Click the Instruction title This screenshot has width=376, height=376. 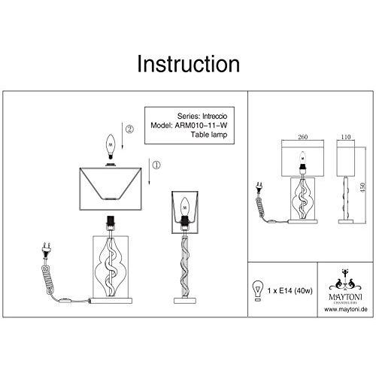coord(188,64)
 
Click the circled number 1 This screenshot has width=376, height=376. coord(156,165)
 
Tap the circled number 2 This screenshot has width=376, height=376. coord(129,129)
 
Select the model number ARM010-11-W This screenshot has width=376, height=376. coord(201,126)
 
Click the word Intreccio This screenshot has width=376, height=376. coord(214,116)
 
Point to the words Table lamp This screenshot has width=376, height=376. coord(209,135)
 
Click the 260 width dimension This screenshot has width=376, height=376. coord(302,137)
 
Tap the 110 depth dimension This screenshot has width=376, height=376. coord(346,137)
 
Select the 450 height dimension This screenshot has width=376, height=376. coord(363,187)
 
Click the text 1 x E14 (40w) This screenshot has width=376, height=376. coord(290,291)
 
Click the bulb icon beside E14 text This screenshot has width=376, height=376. coord(258,291)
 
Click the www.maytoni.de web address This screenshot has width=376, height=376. coord(346,309)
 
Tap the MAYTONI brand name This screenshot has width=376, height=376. coord(345,297)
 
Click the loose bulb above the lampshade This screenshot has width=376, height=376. coord(111,147)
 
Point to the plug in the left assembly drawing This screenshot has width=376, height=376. coord(47,250)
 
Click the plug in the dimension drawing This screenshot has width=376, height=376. coord(259,189)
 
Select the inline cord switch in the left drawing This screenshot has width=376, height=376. coord(65,300)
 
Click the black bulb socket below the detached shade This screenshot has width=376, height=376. coord(111,220)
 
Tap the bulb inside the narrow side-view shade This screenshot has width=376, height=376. coord(185,208)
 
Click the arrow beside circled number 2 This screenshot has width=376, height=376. coord(122,136)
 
